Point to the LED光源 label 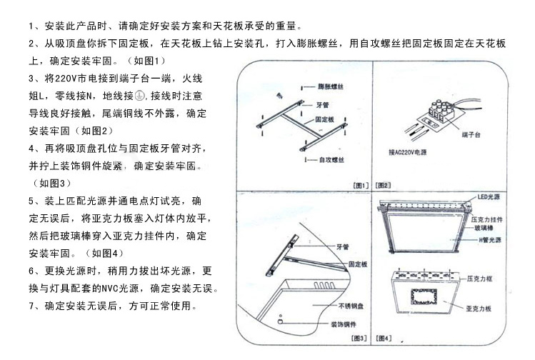[x=489, y=196]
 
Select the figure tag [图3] [x=360, y=336]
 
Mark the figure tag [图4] [x=384, y=336]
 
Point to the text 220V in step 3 [x=69, y=77]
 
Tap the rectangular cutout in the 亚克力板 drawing [x=424, y=296]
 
